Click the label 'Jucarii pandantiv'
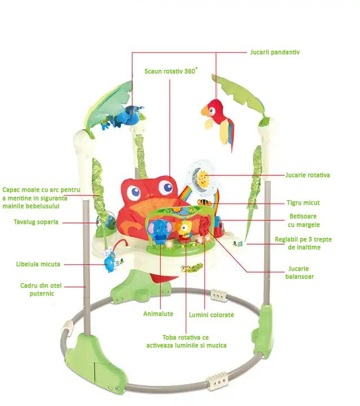click(x=275, y=52)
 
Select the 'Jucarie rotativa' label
click(x=308, y=175)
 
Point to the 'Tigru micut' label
click(x=303, y=202)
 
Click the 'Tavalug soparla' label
click(x=36, y=222)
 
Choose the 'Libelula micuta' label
click(x=38, y=264)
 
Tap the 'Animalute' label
click(x=158, y=314)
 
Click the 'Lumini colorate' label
click(x=212, y=315)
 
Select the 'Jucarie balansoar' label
click(x=299, y=272)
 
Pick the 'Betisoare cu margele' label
click(x=304, y=220)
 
